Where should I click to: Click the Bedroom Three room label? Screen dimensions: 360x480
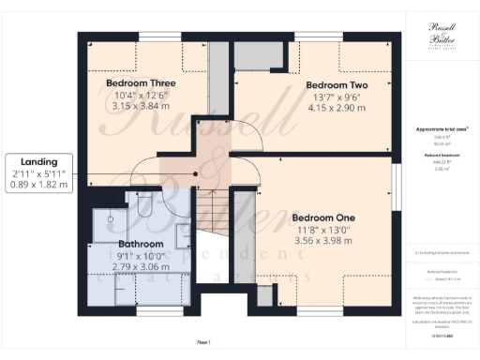coord(141,82)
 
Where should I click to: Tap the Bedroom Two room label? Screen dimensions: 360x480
coord(337,85)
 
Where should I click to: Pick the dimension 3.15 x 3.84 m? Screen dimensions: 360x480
coord(141,106)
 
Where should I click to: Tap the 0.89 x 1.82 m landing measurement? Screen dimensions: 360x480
coord(38,186)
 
